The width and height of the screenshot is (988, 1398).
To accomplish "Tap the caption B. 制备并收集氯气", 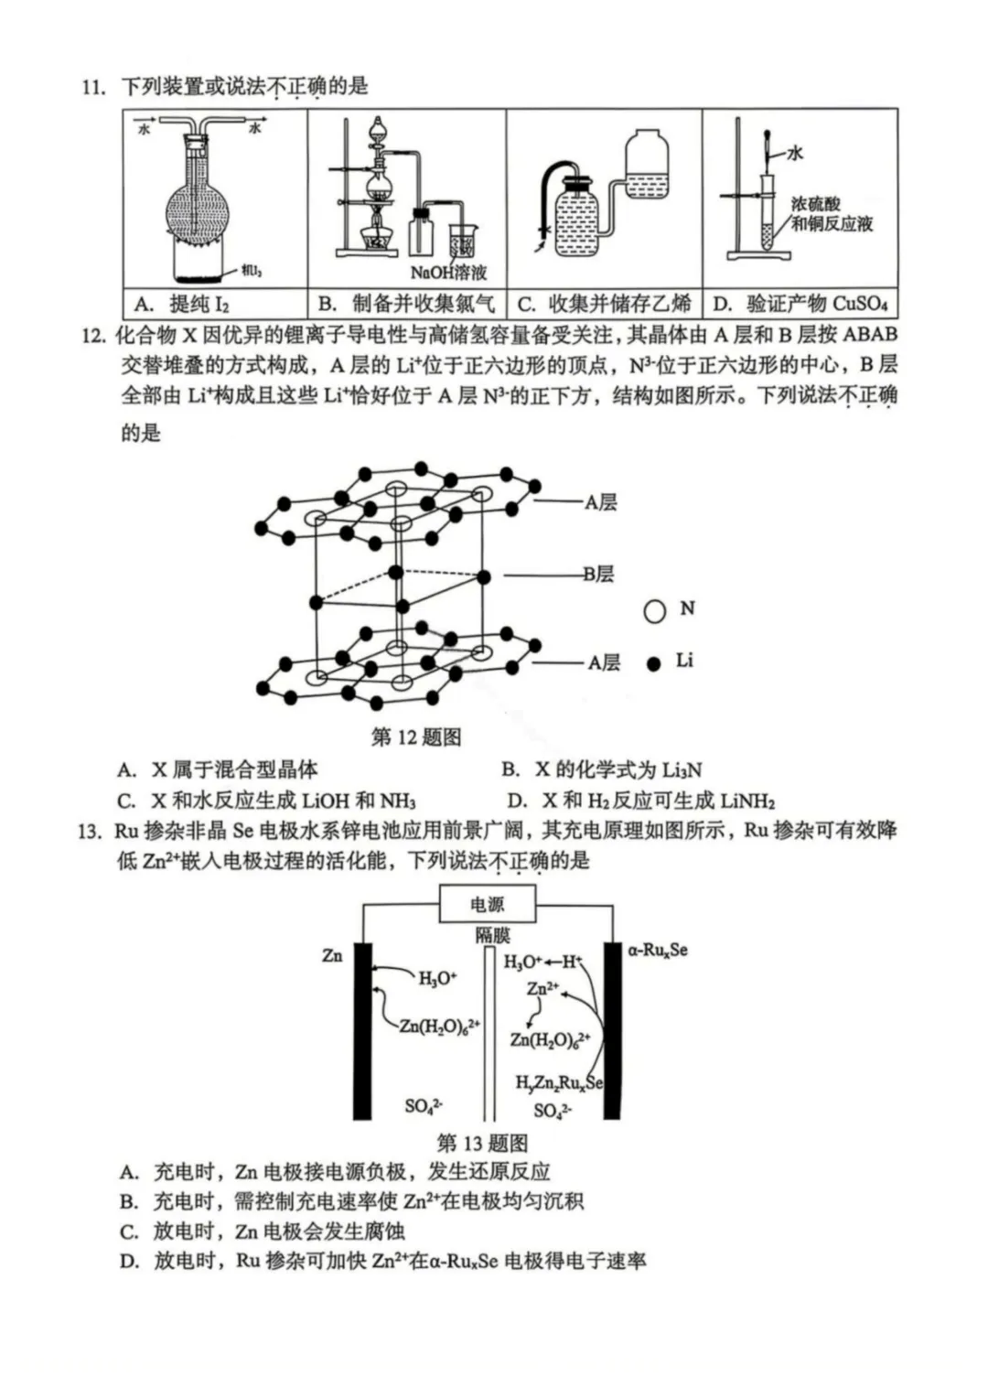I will pos(406,305).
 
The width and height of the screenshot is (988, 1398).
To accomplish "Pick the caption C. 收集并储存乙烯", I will pos(604,305).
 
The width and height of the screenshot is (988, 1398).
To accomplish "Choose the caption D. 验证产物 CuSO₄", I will pos(800,305).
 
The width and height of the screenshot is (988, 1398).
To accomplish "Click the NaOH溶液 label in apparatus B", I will pos(448,272).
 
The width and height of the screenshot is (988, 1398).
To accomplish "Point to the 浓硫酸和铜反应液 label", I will pos(831,214).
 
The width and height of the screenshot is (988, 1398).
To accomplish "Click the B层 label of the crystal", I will pos(599,575).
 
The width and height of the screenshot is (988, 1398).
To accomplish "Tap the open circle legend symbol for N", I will pos(655,610).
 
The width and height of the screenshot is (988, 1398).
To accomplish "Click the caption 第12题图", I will pos(416,737).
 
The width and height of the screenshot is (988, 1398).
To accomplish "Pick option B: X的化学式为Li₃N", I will pos(602,770).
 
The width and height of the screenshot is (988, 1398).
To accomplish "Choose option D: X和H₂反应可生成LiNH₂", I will pos(640,801).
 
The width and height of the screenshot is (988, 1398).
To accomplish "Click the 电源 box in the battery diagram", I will pos(488,905).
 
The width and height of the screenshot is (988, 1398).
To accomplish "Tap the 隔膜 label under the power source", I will pos(492,935).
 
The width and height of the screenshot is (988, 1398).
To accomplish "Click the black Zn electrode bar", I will pos(362,1029).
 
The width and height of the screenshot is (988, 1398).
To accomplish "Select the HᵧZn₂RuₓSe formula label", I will pos(559,1083).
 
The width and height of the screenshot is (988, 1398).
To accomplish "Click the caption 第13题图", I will pos(482,1143).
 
